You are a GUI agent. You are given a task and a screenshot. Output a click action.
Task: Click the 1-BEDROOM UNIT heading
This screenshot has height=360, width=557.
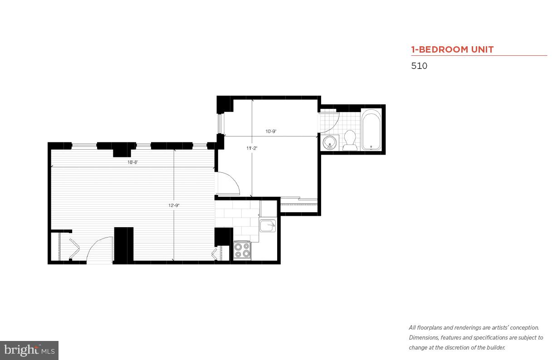(x=452, y=49)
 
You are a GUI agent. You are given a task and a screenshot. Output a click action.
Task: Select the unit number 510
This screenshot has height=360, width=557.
(x=419, y=66)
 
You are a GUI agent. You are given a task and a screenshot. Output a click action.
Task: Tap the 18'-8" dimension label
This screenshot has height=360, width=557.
(x=132, y=162)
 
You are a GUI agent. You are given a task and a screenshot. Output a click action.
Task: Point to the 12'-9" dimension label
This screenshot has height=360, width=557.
(x=174, y=205)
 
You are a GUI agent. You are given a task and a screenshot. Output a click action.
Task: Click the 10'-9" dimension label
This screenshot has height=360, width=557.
(x=271, y=131)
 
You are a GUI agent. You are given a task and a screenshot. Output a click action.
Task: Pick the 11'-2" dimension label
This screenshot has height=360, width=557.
(x=252, y=148)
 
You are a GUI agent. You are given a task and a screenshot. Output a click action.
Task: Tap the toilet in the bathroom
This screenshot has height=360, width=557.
(x=349, y=140)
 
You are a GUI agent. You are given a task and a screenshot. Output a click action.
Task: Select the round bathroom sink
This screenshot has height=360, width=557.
(x=329, y=142)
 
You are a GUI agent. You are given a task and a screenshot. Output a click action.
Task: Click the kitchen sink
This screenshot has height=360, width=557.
(x=267, y=225)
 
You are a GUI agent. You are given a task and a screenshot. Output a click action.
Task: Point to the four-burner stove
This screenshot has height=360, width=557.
(x=242, y=250)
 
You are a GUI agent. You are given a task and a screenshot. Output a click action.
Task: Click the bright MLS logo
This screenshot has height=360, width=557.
(x=29, y=350)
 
